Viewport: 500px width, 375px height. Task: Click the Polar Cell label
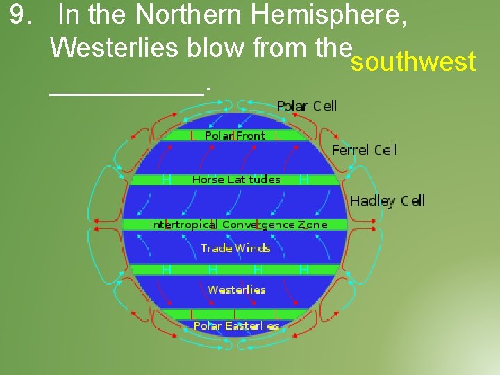[307, 106]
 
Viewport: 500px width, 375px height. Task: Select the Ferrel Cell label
[365, 150]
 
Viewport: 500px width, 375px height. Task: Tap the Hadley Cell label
[387, 201]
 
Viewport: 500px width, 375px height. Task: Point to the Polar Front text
[235, 136]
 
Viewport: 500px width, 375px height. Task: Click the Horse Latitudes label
[236, 179]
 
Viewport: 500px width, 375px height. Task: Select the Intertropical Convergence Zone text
[238, 225]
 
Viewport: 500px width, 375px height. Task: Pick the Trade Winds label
[235, 248]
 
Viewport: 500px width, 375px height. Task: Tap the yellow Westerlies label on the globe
[236, 290]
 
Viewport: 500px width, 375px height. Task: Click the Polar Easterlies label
[236, 326]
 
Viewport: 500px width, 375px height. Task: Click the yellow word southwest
[413, 62]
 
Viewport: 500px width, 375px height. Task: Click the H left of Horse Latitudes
[167, 180]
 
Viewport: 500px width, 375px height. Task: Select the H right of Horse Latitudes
[303, 180]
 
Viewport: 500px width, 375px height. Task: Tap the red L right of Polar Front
[278, 136]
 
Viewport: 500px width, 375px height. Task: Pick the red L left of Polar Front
[194, 136]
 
